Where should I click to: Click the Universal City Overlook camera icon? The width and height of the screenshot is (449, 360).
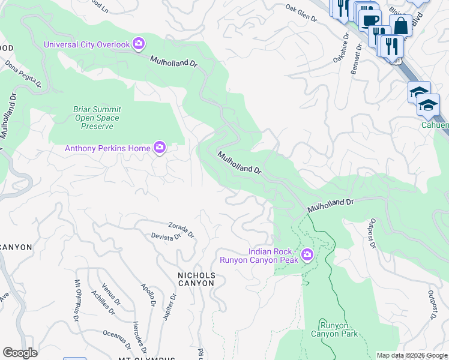139,44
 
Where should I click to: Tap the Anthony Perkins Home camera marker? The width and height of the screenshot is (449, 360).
159,147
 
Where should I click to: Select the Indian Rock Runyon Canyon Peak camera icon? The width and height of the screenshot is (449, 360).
307,255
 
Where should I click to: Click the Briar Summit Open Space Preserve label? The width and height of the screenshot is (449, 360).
97,118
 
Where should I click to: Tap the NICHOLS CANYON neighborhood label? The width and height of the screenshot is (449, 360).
196,279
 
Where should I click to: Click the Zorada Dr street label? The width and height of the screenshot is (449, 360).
181,229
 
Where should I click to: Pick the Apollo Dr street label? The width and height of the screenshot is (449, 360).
149,295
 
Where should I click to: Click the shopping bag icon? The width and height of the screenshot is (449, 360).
400,26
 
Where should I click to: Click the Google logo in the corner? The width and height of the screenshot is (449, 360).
20,353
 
